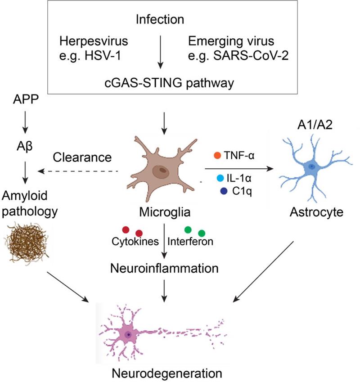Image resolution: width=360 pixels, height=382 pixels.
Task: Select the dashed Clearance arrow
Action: (81, 171)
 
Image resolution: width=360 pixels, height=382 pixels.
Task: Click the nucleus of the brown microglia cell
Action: (160, 171)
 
